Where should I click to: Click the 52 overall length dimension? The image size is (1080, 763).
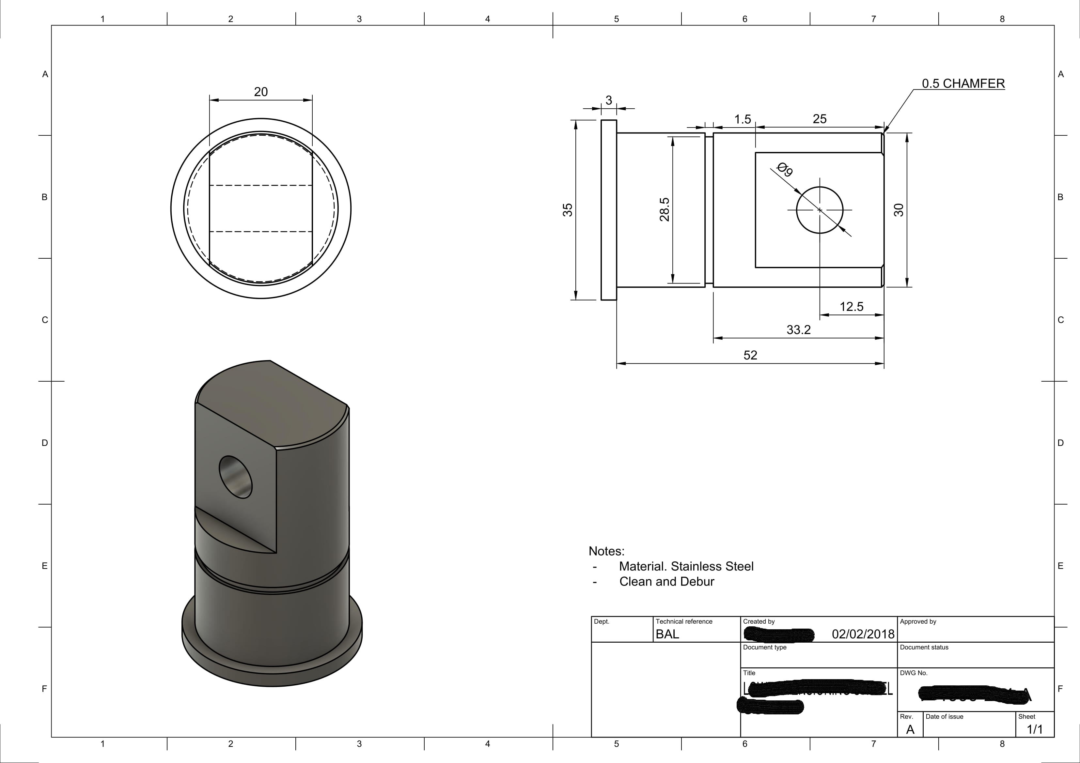pyautogui.click(x=750, y=356)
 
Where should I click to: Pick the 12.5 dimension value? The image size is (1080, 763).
pyautogui.click(x=852, y=307)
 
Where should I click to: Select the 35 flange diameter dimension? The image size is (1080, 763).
pyautogui.click(x=568, y=210)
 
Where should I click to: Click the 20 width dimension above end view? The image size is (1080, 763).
pyautogui.click(x=260, y=92)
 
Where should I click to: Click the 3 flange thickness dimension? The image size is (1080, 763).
pyautogui.click(x=609, y=100)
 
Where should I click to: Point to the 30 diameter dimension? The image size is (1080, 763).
pyautogui.click(x=899, y=210)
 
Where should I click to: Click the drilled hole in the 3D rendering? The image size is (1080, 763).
pyautogui.click(x=236, y=477)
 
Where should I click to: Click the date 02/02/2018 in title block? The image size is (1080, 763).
pyautogui.click(x=863, y=634)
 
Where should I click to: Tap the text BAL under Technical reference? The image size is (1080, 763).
pyautogui.click(x=667, y=634)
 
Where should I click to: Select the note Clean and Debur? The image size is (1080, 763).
pyautogui.click(x=666, y=582)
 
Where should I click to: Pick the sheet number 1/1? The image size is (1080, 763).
pyautogui.click(x=1034, y=729)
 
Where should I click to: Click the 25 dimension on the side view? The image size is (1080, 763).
pyautogui.click(x=820, y=119)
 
